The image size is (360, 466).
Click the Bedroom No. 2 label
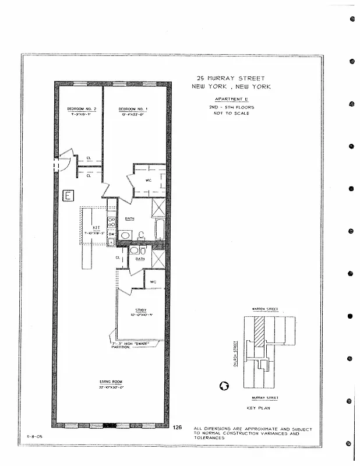click(77, 109)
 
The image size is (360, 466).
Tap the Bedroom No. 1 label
click(133, 109)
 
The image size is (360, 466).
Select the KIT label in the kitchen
click(96, 227)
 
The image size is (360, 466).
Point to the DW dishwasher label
click(111, 234)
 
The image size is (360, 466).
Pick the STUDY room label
click(140, 310)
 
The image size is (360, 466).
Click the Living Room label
click(110, 382)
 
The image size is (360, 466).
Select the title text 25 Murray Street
click(231, 78)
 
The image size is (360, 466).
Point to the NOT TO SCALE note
click(231, 113)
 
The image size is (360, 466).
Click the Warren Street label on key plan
click(264, 309)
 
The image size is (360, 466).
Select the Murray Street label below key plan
click(264, 398)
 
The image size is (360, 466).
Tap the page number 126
click(178, 428)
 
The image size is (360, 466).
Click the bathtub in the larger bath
click(159, 229)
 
